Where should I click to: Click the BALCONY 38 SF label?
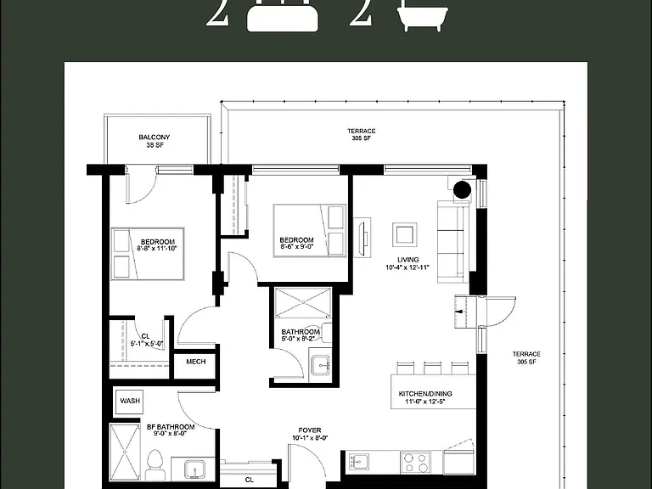click(155, 141)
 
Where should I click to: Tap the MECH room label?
click(196, 362)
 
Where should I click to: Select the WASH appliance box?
click(130, 402)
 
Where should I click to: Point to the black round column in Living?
click(462, 190)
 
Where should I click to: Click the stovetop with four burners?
click(416, 463)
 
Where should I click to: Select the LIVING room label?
click(407, 264)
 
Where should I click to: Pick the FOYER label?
click(310, 434)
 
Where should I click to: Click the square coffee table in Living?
click(405, 235)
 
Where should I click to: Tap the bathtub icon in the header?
click(423, 16)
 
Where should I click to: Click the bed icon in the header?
click(283, 16)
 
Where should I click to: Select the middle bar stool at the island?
click(432, 368)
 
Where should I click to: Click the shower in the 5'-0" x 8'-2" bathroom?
click(303, 302)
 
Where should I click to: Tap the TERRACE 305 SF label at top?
click(362, 135)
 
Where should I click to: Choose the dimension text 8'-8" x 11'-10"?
click(157, 249)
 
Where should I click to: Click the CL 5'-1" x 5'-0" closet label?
click(146, 340)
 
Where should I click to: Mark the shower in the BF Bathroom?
click(125, 452)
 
